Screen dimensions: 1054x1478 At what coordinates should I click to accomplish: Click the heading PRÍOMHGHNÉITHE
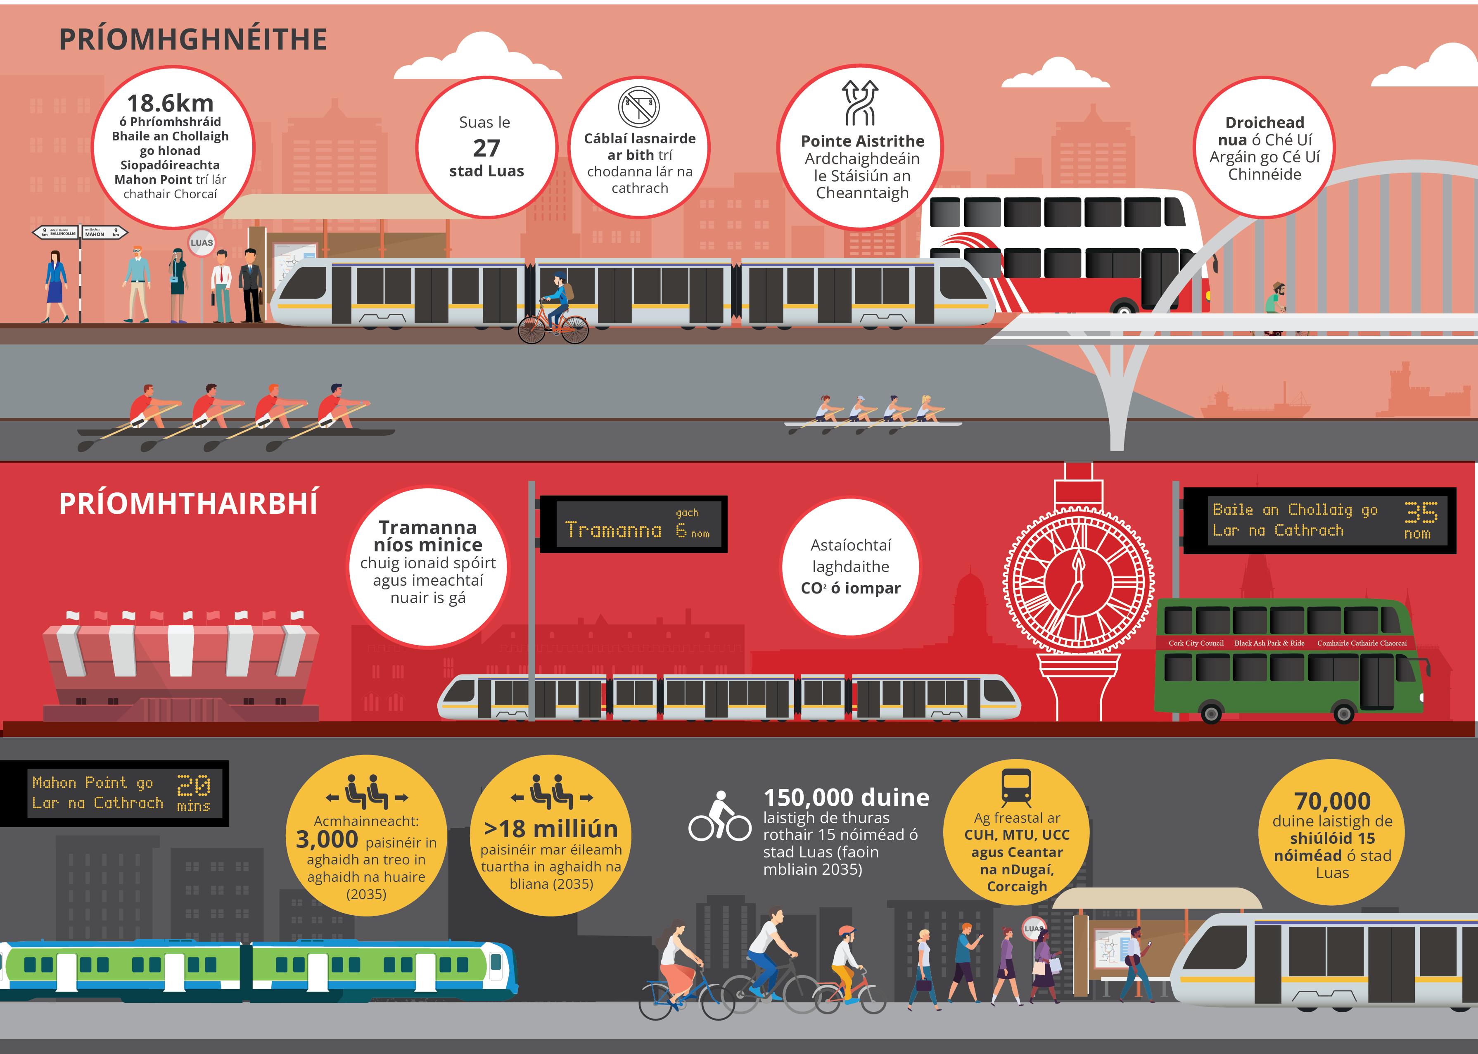(x=193, y=40)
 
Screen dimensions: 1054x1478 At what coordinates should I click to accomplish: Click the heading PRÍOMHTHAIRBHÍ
(x=189, y=503)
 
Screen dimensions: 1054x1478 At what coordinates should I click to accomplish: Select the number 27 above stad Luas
(x=486, y=148)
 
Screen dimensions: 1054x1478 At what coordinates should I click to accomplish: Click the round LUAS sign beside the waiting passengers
(x=201, y=243)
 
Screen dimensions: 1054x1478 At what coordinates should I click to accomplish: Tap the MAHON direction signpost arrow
(x=104, y=233)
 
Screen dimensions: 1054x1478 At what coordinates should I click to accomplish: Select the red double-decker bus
(x=1064, y=253)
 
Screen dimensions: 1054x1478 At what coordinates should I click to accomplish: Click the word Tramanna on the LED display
(x=613, y=530)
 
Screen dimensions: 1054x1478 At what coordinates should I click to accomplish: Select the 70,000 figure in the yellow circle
(x=1332, y=800)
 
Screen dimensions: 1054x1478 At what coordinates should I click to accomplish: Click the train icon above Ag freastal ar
(x=1016, y=787)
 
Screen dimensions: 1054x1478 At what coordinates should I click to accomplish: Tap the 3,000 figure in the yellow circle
(x=327, y=840)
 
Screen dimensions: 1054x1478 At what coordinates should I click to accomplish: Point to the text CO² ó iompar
(x=851, y=588)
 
